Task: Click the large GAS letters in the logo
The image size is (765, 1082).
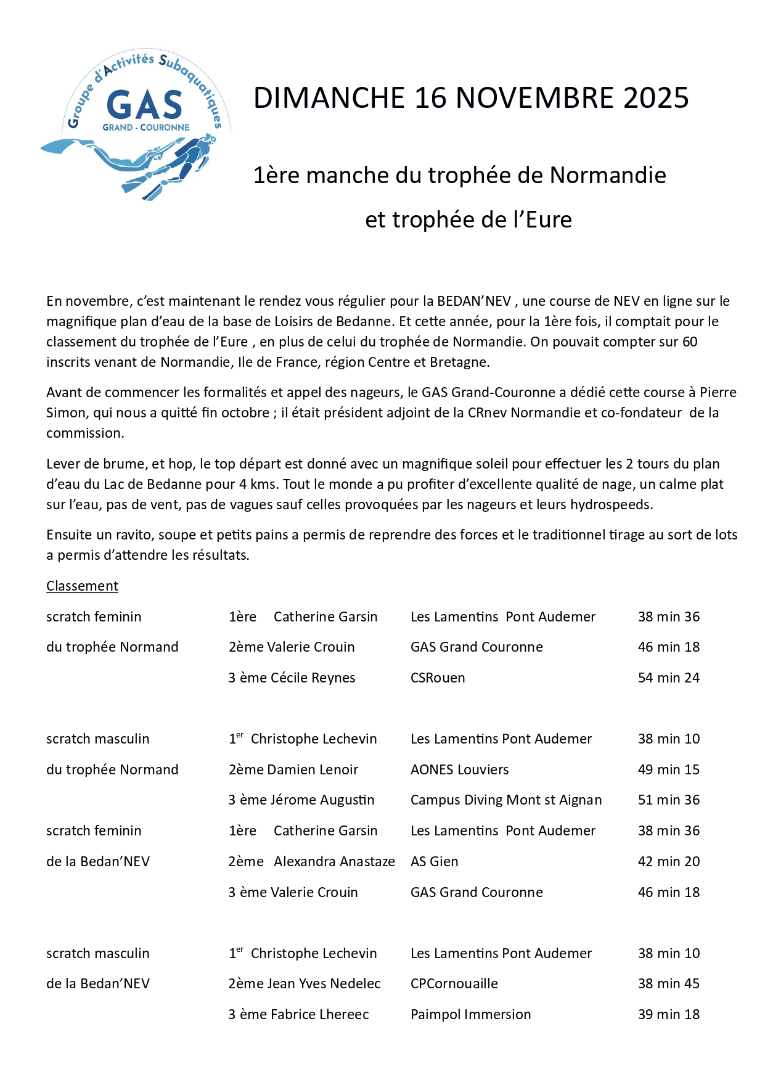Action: pyautogui.click(x=145, y=105)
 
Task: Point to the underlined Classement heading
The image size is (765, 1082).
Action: pyautogui.click(x=82, y=586)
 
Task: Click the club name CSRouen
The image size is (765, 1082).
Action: pyautogui.click(x=438, y=678)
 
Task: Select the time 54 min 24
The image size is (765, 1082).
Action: pyautogui.click(x=669, y=678)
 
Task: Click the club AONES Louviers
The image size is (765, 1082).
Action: pyautogui.click(x=460, y=770)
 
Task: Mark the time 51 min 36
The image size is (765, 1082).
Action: pyautogui.click(x=669, y=800)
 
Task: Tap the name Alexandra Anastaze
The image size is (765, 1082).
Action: pyautogui.click(x=334, y=862)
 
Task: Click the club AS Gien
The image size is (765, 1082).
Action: pyautogui.click(x=435, y=862)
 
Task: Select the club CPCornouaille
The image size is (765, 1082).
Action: pyautogui.click(x=454, y=984)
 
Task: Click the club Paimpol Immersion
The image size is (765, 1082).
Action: pyautogui.click(x=471, y=1015)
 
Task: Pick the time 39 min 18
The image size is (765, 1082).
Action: pyautogui.click(x=669, y=1015)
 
